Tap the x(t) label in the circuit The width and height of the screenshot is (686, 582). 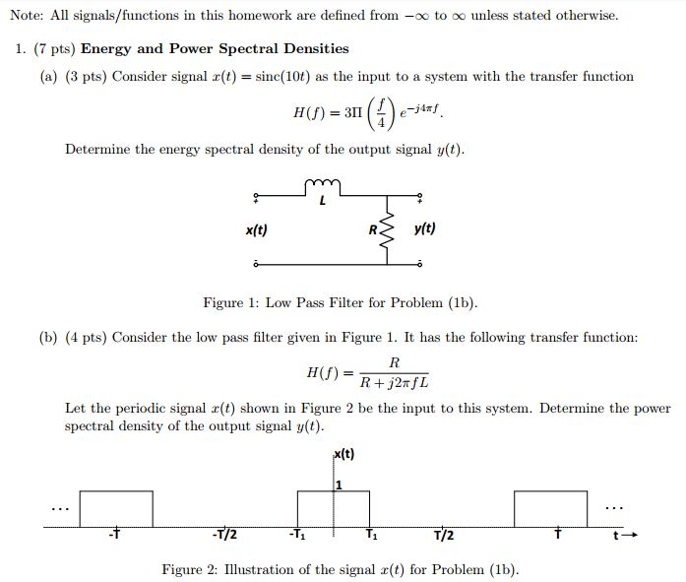[256, 230]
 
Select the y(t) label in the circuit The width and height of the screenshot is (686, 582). [425, 228]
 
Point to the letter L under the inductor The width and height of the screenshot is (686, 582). [322, 203]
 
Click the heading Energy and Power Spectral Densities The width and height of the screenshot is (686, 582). [215, 48]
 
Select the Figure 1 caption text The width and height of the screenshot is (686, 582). [340, 302]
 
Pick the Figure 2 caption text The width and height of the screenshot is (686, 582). [340, 569]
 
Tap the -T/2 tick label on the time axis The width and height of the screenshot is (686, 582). [224, 536]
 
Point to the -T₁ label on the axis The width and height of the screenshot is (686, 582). [296, 536]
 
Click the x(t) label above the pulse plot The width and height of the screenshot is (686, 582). [344, 454]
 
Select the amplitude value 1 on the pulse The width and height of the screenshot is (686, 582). [339, 483]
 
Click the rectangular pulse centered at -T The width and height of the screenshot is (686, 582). [116, 508]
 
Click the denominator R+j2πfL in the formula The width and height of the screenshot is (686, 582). [394, 382]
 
